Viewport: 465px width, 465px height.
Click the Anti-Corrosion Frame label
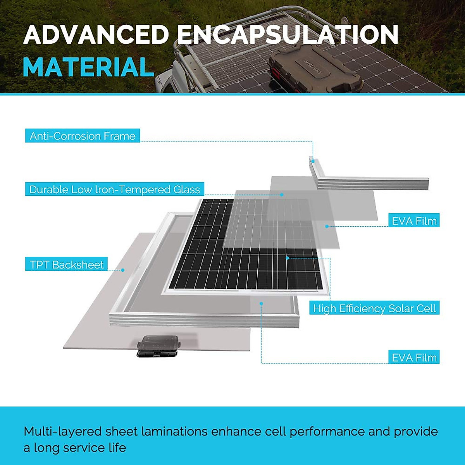(x=83, y=136)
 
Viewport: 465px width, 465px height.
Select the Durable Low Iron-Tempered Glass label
(x=115, y=189)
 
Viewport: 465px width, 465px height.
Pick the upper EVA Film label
(x=414, y=220)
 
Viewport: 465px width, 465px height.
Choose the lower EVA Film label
(x=414, y=357)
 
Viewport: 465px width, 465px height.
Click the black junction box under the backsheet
(x=158, y=346)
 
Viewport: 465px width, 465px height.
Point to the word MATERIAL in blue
(x=89, y=67)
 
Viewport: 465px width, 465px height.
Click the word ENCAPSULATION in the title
(x=288, y=34)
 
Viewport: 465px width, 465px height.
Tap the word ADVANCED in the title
(x=96, y=34)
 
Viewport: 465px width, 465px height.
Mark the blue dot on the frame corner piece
(x=313, y=161)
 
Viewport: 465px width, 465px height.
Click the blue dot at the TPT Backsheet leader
(x=122, y=270)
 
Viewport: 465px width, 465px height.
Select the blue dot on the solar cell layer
(x=287, y=258)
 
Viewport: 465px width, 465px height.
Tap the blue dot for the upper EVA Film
(x=327, y=226)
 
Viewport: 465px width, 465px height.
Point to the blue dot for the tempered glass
(x=282, y=195)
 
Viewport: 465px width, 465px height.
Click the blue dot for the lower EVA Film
(x=261, y=303)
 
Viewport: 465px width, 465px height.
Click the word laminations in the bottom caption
(x=174, y=431)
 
